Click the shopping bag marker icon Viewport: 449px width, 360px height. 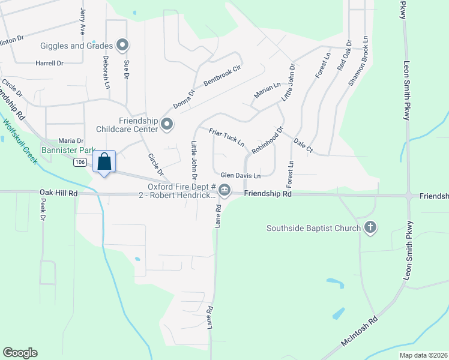(x=104, y=162)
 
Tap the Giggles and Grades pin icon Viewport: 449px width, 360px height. (x=123, y=46)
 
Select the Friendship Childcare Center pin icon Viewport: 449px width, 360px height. (x=167, y=125)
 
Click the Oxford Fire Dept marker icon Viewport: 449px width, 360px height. (x=224, y=191)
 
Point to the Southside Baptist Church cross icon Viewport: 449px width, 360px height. (x=370, y=227)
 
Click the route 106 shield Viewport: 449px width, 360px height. (x=80, y=162)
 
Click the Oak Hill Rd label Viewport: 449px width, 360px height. (x=59, y=193)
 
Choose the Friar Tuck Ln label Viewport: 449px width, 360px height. (x=226, y=137)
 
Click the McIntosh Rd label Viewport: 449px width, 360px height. (x=358, y=331)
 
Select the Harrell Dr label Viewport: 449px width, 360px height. (x=49, y=63)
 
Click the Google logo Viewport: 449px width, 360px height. (x=20, y=353)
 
